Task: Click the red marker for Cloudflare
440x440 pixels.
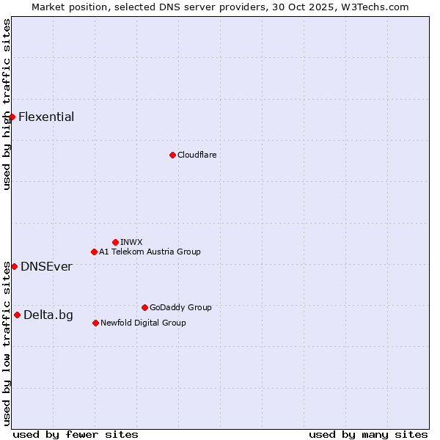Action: (172, 155)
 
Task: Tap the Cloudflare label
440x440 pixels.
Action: (197, 155)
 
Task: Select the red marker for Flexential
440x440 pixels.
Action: (12, 117)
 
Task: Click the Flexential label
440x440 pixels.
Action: (46, 117)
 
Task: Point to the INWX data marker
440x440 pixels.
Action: (115, 242)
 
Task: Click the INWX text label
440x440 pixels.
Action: (131, 242)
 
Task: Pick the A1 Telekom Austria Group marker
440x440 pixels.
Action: (94, 252)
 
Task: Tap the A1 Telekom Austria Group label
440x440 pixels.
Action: (150, 252)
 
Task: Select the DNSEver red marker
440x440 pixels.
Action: (14, 266)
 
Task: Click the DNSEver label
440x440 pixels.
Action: (46, 266)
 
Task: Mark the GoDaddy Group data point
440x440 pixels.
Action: (144, 307)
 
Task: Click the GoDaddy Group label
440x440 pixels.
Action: (180, 307)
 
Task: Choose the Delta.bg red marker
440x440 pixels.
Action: (17, 315)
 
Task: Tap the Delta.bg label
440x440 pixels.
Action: (48, 315)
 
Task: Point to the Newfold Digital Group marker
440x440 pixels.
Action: (95, 323)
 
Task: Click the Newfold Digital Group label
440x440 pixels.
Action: (143, 323)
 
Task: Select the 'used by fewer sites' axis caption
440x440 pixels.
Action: (76, 434)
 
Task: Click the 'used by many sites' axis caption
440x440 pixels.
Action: (368, 434)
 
